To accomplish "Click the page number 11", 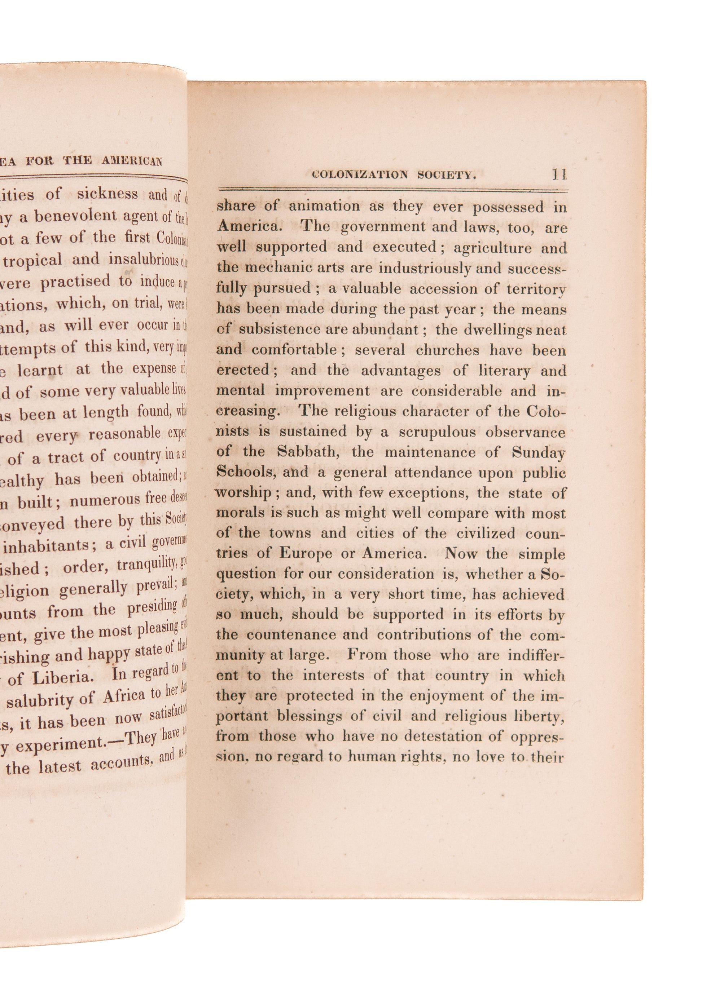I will tap(559, 174).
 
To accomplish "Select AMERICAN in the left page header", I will tap(132, 161).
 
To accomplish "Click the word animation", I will tap(324, 206).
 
